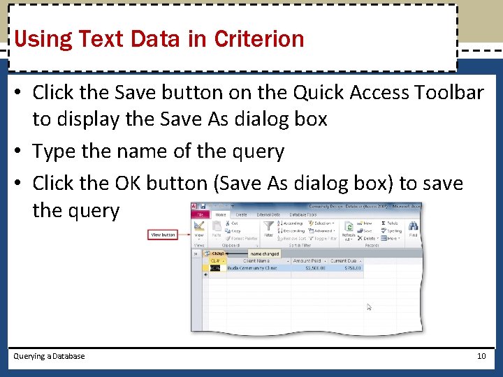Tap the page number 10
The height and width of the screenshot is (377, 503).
coord(481,356)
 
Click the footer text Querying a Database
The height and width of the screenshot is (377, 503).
coord(49,356)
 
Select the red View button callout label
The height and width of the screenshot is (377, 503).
coord(163,235)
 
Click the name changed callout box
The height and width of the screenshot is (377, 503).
coord(265,253)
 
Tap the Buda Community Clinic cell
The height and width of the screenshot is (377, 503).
coord(251,267)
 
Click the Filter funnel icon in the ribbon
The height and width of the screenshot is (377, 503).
coord(268,227)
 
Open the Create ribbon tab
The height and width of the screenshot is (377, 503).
coord(241,215)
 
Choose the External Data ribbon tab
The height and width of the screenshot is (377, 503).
coord(268,215)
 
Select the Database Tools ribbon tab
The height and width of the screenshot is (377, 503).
coord(302,215)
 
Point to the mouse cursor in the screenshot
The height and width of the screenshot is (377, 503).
coord(370,306)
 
